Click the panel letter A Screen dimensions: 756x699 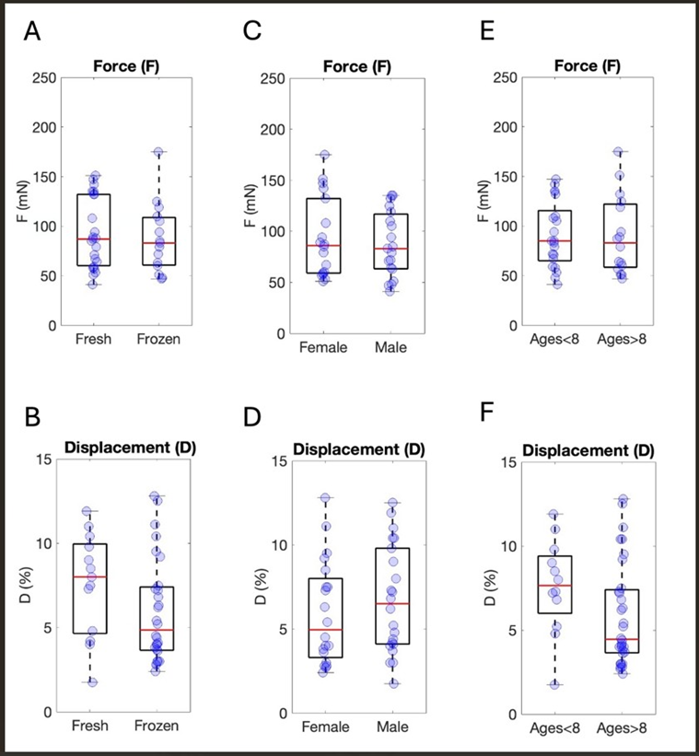pyautogui.click(x=32, y=32)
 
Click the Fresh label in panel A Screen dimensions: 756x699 pyautogui.click(x=94, y=339)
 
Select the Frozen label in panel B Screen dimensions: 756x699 pyautogui.click(x=159, y=726)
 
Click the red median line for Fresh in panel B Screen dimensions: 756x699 pyautogui.click(x=90, y=576)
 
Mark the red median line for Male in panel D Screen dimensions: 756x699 pyautogui.click(x=392, y=603)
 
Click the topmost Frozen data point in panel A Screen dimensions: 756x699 pyautogui.click(x=158, y=153)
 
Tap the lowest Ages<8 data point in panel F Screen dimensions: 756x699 pyautogui.click(x=555, y=684)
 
